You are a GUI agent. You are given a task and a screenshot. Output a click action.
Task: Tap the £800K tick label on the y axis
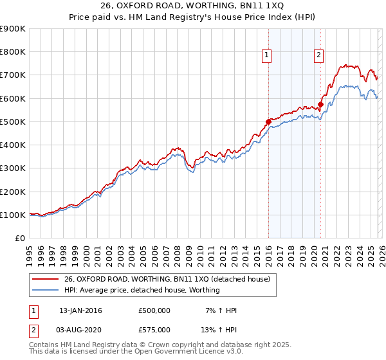pyautogui.click(x=13, y=52)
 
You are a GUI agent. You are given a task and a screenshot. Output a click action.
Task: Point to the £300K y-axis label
pyautogui.click(x=13, y=168)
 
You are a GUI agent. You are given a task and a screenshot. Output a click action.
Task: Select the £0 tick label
pyautogui.click(x=20, y=239)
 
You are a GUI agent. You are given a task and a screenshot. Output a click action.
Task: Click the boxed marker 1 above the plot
pyautogui.click(x=267, y=56)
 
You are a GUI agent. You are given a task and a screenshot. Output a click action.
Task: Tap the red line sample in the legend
pyautogui.click(x=45, y=279)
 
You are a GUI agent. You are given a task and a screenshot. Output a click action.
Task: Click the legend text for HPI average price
pyautogui.click(x=142, y=290)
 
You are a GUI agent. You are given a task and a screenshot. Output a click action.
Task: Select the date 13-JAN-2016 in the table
pyautogui.click(x=80, y=310)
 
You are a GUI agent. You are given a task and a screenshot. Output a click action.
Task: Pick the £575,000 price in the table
pyautogui.click(x=154, y=330)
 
